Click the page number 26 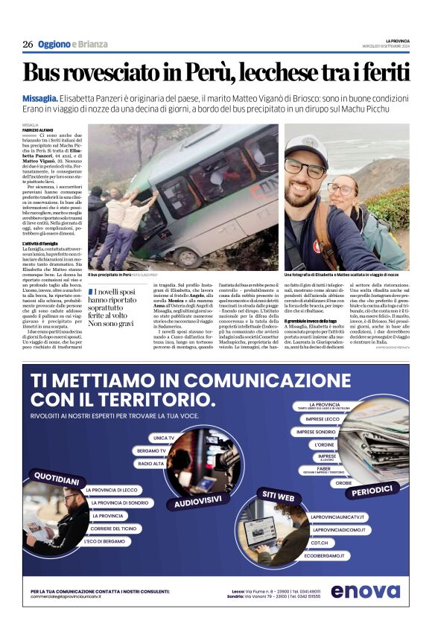[28, 44]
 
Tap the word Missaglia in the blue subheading [40, 99]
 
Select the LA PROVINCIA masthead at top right [398, 40]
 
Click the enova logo [366, 591]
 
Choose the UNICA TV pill [164, 438]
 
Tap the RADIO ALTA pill [152, 463]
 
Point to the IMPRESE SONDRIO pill [317, 431]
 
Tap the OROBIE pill [344, 482]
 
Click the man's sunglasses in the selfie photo [305, 167]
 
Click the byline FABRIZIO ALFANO [39, 130]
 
